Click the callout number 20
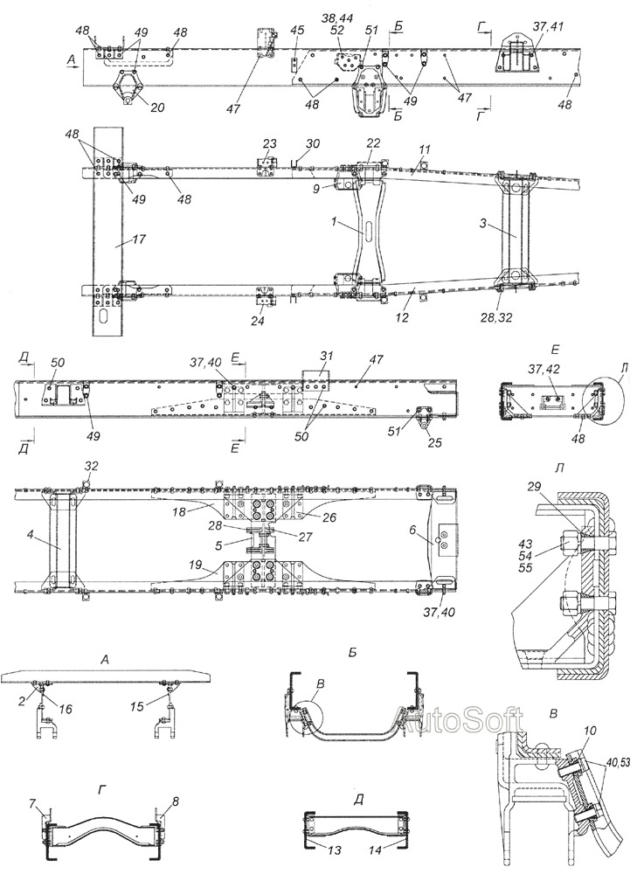click(x=157, y=108)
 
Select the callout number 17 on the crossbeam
click(x=139, y=239)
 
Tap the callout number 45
click(x=296, y=31)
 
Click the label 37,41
click(x=547, y=27)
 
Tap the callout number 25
click(x=435, y=443)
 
